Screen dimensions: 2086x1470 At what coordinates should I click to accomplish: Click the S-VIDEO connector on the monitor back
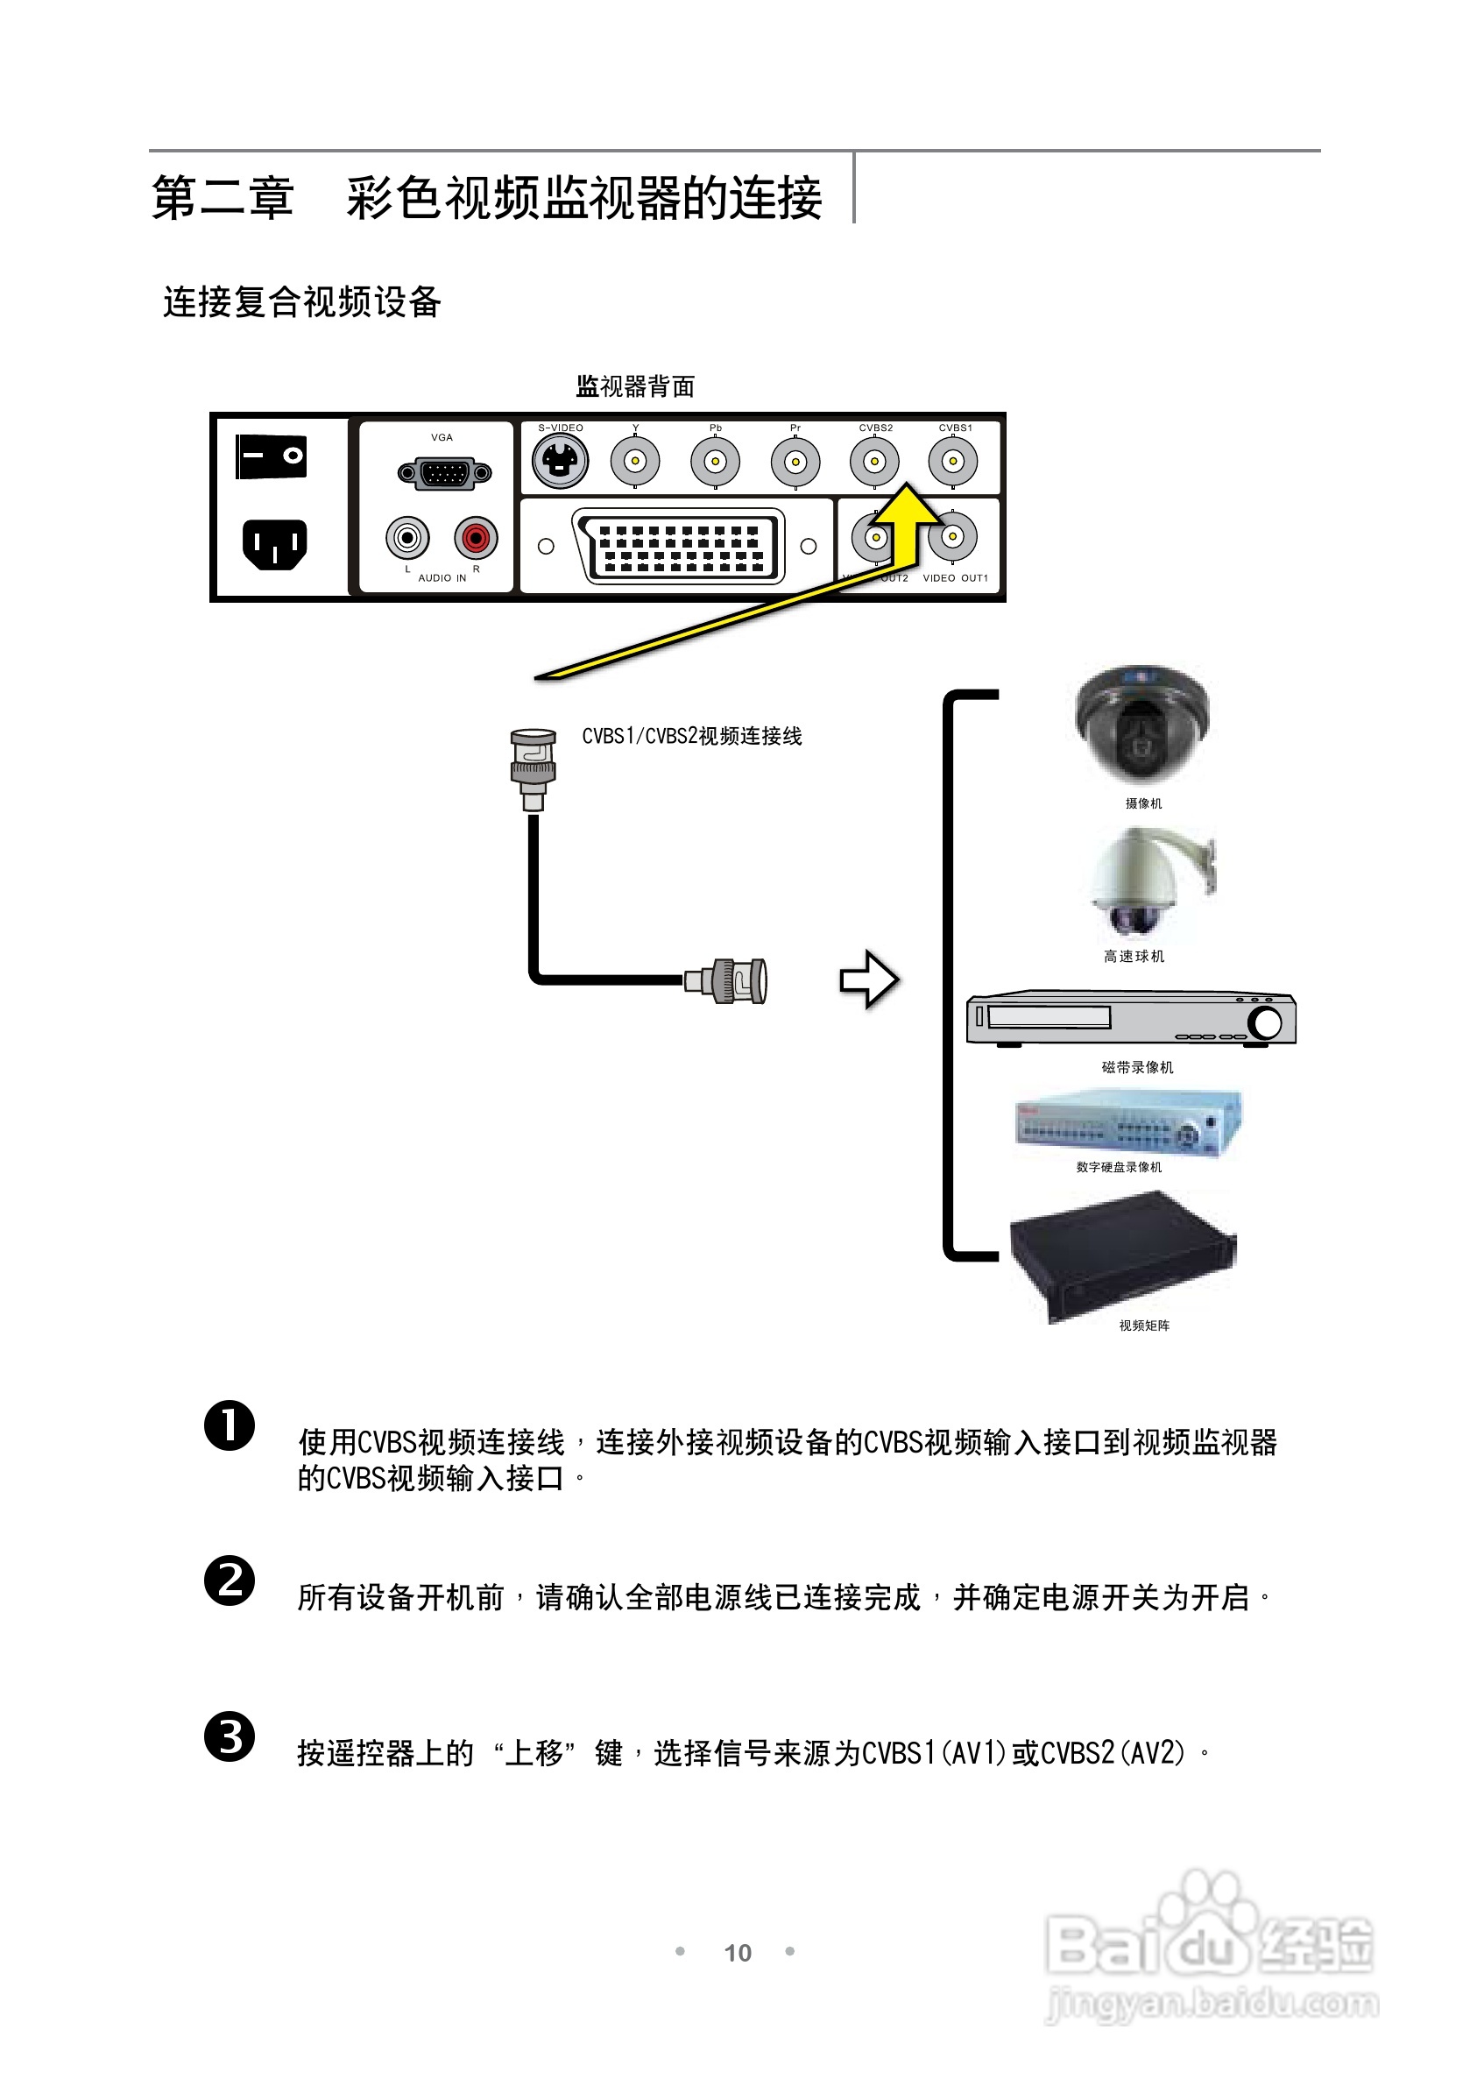click(x=560, y=461)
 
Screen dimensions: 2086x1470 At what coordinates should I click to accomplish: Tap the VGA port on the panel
click(x=445, y=472)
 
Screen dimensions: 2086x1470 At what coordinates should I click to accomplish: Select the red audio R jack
click(x=476, y=538)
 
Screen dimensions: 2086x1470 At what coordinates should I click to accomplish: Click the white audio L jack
click(x=407, y=538)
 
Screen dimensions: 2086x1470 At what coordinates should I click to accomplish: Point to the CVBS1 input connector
click(x=952, y=461)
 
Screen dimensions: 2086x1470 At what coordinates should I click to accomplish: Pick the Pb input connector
click(x=715, y=461)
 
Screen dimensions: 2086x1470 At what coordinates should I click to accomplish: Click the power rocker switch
click(x=271, y=456)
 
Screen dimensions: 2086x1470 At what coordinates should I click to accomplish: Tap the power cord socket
click(x=274, y=543)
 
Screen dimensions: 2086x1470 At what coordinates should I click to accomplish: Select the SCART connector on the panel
click(x=678, y=545)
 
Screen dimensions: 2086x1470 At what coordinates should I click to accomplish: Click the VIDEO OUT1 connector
click(x=952, y=537)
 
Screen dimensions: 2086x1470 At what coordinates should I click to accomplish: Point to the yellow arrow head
click(x=906, y=505)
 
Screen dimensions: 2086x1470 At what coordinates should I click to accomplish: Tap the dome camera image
click(x=1142, y=722)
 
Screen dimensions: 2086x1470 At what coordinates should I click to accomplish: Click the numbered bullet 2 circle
click(x=229, y=1580)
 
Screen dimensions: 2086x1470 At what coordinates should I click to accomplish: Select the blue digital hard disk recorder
click(x=1128, y=1123)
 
